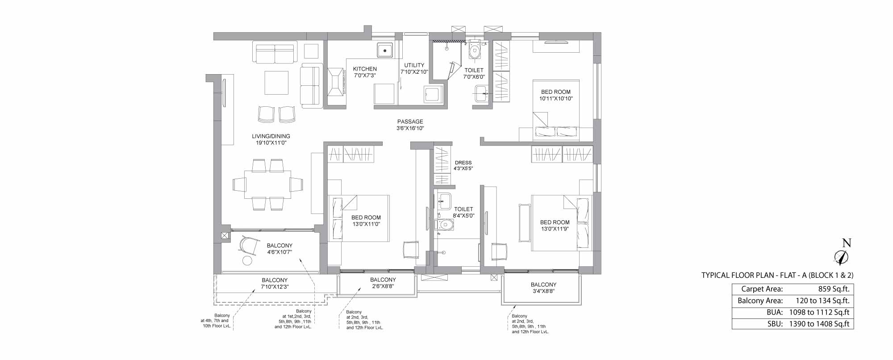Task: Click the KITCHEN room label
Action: [x=365, y=69]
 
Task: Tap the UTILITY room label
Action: [x=414, y=65]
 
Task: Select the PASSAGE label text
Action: [x=410, y=121]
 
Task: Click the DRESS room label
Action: [x=463, y=163]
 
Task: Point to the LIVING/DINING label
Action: [x=271, y=136]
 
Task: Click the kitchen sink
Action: [x=384, y=50]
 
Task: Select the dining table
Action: [x=267, y=184]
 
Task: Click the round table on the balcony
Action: [x=247, y=261]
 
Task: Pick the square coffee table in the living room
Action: [x=276, y=83]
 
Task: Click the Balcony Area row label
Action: [x=760, y=301]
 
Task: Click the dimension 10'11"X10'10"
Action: [x=556, y=98]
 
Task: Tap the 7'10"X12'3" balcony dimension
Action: [x=275, y=287]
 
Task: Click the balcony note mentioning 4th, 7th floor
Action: [x=215, y=321]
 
